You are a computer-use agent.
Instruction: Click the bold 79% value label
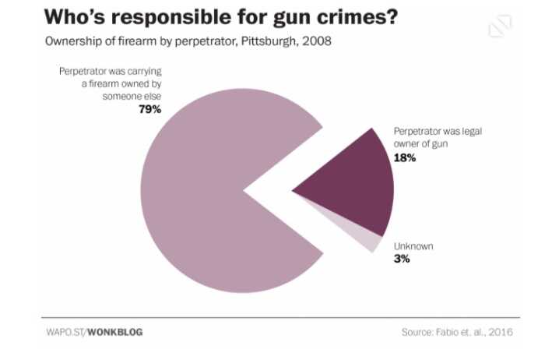149,109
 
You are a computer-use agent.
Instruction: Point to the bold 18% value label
405,157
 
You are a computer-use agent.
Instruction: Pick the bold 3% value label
402,259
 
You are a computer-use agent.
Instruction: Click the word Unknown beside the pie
413,246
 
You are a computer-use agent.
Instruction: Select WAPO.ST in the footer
64,332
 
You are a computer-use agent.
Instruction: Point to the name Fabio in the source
451,332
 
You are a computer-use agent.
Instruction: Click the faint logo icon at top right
499,26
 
